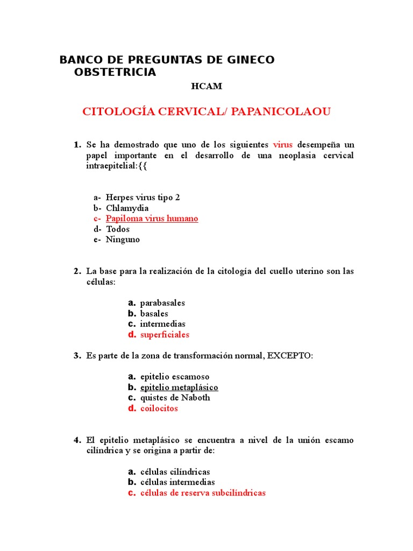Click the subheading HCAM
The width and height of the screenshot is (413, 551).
[206, 86]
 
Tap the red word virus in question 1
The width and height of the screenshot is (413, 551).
[283, 145]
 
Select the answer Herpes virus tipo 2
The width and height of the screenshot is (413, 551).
[143, 197]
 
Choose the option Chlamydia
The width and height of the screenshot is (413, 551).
[127, 208]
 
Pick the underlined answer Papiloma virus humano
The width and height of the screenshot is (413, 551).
[152, 218]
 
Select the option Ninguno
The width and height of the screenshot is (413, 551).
[123, 239]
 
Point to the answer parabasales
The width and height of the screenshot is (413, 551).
[162, 303]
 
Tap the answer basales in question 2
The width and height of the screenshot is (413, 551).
[154, 314]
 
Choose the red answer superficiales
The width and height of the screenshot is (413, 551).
[165, 335]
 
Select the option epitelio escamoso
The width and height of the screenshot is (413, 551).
[175, 377]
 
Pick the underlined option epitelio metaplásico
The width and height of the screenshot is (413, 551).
[179, 387]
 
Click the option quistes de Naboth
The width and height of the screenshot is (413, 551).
[175, 398]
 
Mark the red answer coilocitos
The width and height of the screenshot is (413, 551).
[159, 408]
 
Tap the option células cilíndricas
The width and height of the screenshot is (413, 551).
[175, 472]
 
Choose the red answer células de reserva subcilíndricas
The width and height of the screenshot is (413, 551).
[203, 493]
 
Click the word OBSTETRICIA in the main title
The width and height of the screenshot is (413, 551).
[115, 72]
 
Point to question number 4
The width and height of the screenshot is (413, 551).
[77, 440]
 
